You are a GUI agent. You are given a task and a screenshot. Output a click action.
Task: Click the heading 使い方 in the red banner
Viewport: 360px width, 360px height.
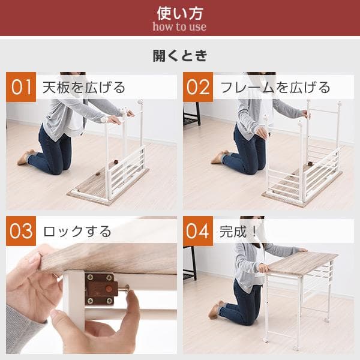[179, 12]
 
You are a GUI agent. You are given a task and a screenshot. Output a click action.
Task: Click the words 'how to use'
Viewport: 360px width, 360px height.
[179, 26]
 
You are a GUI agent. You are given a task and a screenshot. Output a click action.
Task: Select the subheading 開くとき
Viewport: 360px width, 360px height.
[179, 56]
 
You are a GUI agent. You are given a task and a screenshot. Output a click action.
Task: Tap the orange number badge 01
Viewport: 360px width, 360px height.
[21, 87]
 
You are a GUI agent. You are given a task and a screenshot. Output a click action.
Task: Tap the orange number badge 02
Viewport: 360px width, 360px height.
[198, 87]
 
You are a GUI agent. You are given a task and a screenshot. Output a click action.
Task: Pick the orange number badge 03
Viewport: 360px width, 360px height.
[21, 231]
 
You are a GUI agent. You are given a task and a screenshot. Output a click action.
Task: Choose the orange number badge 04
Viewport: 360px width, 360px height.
[198, 231]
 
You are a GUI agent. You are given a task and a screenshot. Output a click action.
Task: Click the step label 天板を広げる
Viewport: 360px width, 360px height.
[84, 88]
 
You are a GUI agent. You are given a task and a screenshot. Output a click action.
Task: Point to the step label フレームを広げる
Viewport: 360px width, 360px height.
[275, 88]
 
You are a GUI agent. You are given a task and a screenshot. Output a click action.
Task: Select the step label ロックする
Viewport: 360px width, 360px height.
[77, 231]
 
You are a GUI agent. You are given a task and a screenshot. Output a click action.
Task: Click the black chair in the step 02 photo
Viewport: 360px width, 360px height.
[191, 114]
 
